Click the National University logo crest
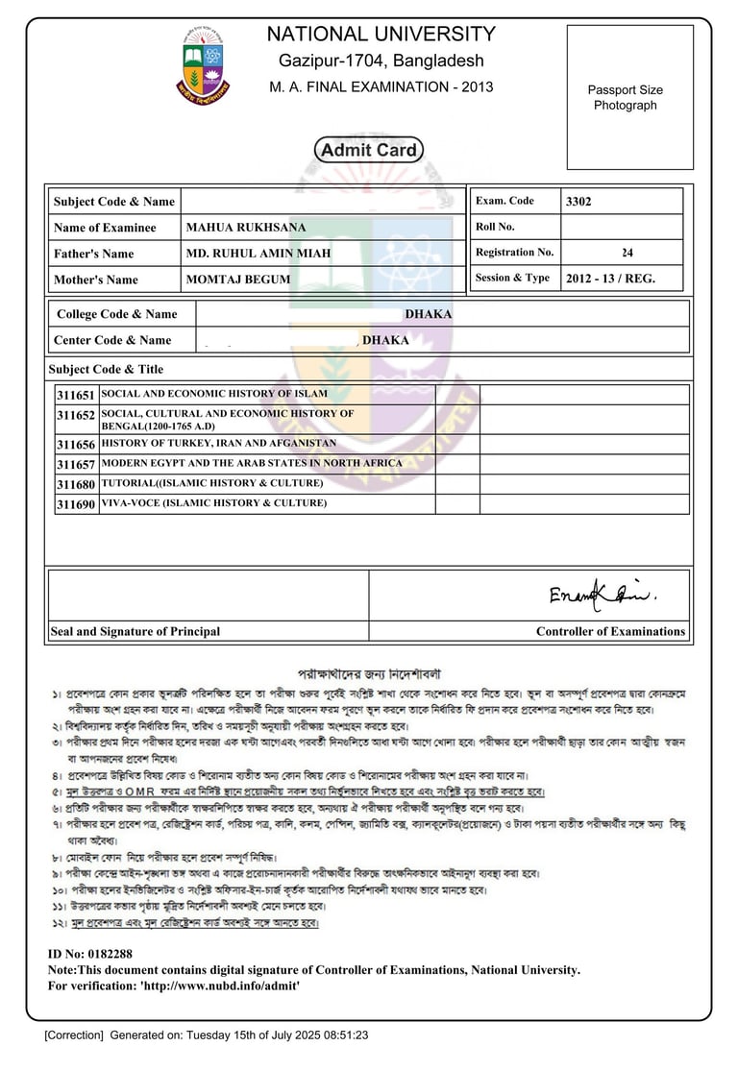(x=203, y=65)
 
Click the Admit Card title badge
(x=368, y=150)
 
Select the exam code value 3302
(x=581, y=202)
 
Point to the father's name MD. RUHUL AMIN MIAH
(x=258, y=254)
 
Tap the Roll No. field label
(x=495, y=228)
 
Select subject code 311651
(x=76, y=395)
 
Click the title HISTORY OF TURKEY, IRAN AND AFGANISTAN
(x=219, y=444)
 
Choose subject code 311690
(x=76, y=504)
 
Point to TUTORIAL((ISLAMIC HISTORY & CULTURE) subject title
(x=212, y=484)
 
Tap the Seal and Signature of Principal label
(x=135, y=632)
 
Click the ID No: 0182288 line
(x=90, y=954)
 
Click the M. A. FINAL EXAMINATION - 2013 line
(x=381, y=87)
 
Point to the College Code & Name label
(x=117, y=314)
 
